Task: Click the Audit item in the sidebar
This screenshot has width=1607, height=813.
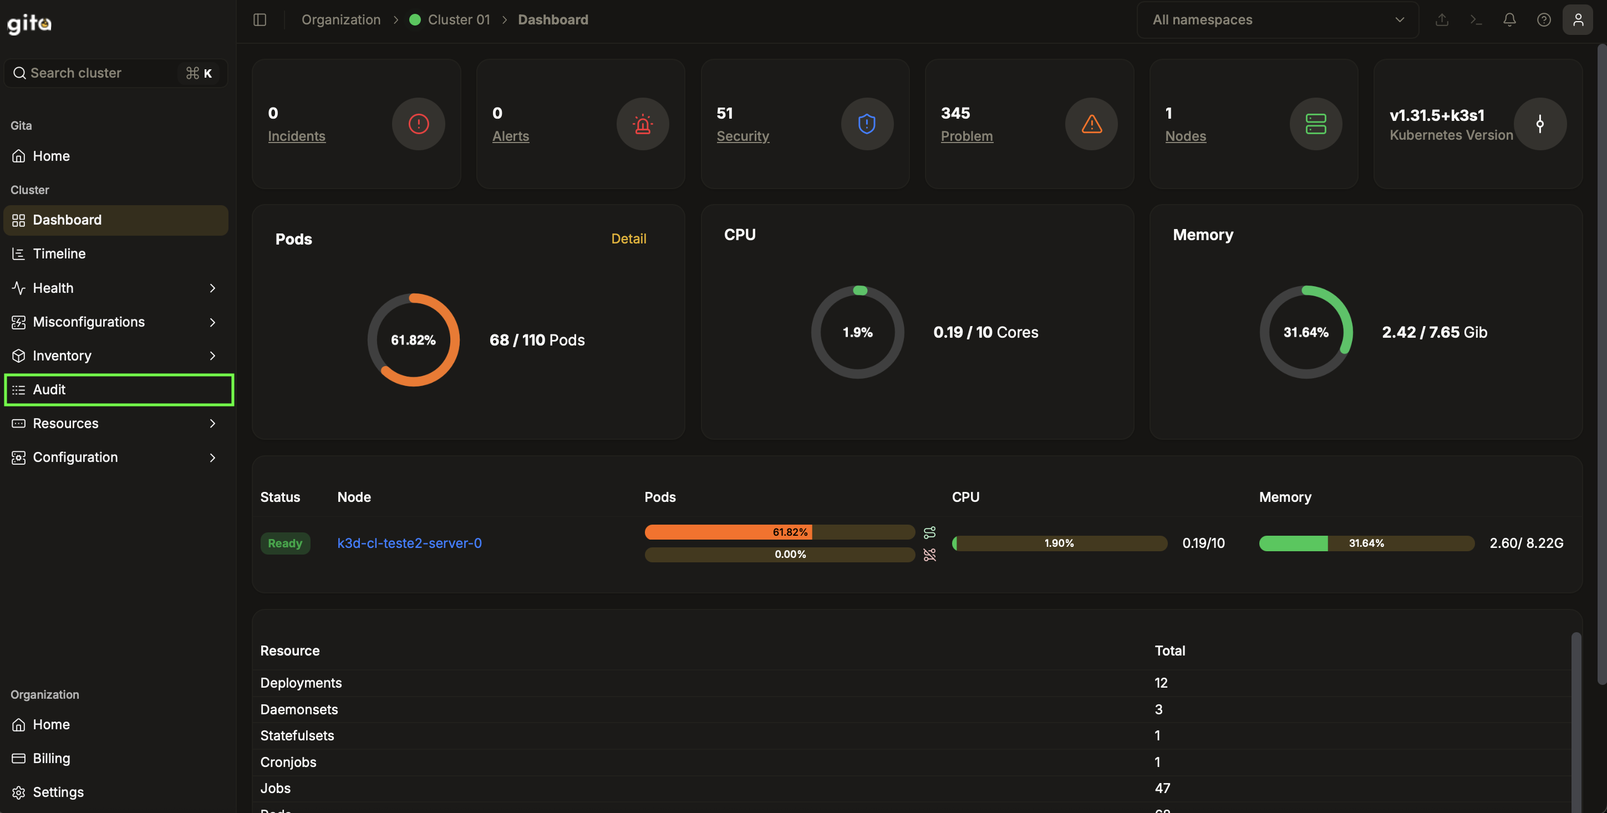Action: point(49,389)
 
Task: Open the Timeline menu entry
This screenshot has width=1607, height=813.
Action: point(59,253)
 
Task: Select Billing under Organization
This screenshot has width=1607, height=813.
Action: point(51,758)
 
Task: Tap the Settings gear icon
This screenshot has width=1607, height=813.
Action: point(19,792)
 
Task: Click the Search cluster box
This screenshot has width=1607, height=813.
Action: point(100,73)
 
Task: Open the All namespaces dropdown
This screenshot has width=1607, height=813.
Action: point(1277,20)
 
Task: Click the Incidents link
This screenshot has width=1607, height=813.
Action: point(296,136)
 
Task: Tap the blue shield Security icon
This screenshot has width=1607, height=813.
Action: point(867,124)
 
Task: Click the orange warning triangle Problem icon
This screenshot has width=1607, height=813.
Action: point(1091,124)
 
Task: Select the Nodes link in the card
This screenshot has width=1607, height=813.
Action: point(1186,136)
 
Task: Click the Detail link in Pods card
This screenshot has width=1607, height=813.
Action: point(628,238)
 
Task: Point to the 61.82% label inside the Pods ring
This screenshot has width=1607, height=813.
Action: point(413,340)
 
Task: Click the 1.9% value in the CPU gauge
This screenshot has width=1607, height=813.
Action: point(857,333)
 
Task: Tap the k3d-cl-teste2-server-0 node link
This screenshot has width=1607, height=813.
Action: point(409,543)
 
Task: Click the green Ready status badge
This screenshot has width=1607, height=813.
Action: point(285,543)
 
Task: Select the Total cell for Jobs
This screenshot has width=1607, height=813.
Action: point(1162,788)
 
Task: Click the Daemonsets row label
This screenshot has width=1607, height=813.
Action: point(299,709)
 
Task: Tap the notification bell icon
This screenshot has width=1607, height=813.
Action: point(1509,20)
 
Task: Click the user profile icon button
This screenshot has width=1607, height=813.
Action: point(1578,20)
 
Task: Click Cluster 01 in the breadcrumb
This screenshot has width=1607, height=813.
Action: point(459,20)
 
